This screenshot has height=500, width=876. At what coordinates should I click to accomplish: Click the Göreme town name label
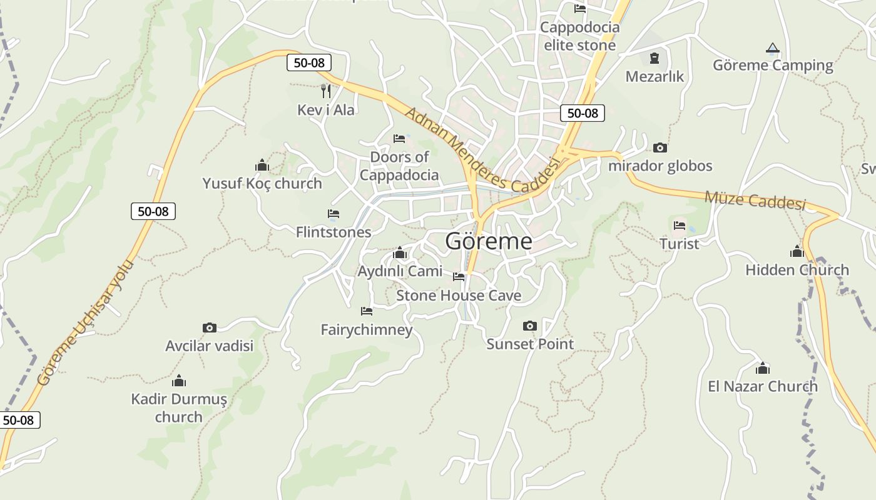(489, 241)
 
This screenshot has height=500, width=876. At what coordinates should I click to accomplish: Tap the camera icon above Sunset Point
(529, 326)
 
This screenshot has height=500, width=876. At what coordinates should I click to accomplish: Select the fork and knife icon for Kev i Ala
(325, 91)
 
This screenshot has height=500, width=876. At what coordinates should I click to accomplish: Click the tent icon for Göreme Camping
(773, 48)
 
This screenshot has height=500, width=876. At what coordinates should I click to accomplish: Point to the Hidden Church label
(797, 270)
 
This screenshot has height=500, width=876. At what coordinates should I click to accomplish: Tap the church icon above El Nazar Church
(762, 368)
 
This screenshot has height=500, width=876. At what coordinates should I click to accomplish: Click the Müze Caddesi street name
(755, 201)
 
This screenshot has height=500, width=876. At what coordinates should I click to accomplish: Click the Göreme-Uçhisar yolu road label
(86, 322)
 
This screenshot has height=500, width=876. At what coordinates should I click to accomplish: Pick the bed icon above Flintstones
(333, 214)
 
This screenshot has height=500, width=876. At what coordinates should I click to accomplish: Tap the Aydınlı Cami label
(399, 271)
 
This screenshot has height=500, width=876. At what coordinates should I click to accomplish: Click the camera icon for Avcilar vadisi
(209, 327)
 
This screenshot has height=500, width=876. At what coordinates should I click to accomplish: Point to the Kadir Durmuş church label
(178, 407)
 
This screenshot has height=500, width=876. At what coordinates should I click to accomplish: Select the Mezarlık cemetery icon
(654, 58)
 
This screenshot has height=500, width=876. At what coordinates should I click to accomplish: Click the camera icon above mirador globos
(660, 148)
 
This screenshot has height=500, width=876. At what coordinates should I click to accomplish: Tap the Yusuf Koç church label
(262, 183)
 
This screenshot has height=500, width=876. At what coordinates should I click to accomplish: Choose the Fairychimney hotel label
(366, 329)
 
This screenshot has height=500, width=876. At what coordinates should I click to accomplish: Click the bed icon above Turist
(680, 225)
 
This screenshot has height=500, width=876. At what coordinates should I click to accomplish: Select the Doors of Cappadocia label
(399, 166)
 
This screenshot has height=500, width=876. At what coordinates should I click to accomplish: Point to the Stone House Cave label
(458, 295)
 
